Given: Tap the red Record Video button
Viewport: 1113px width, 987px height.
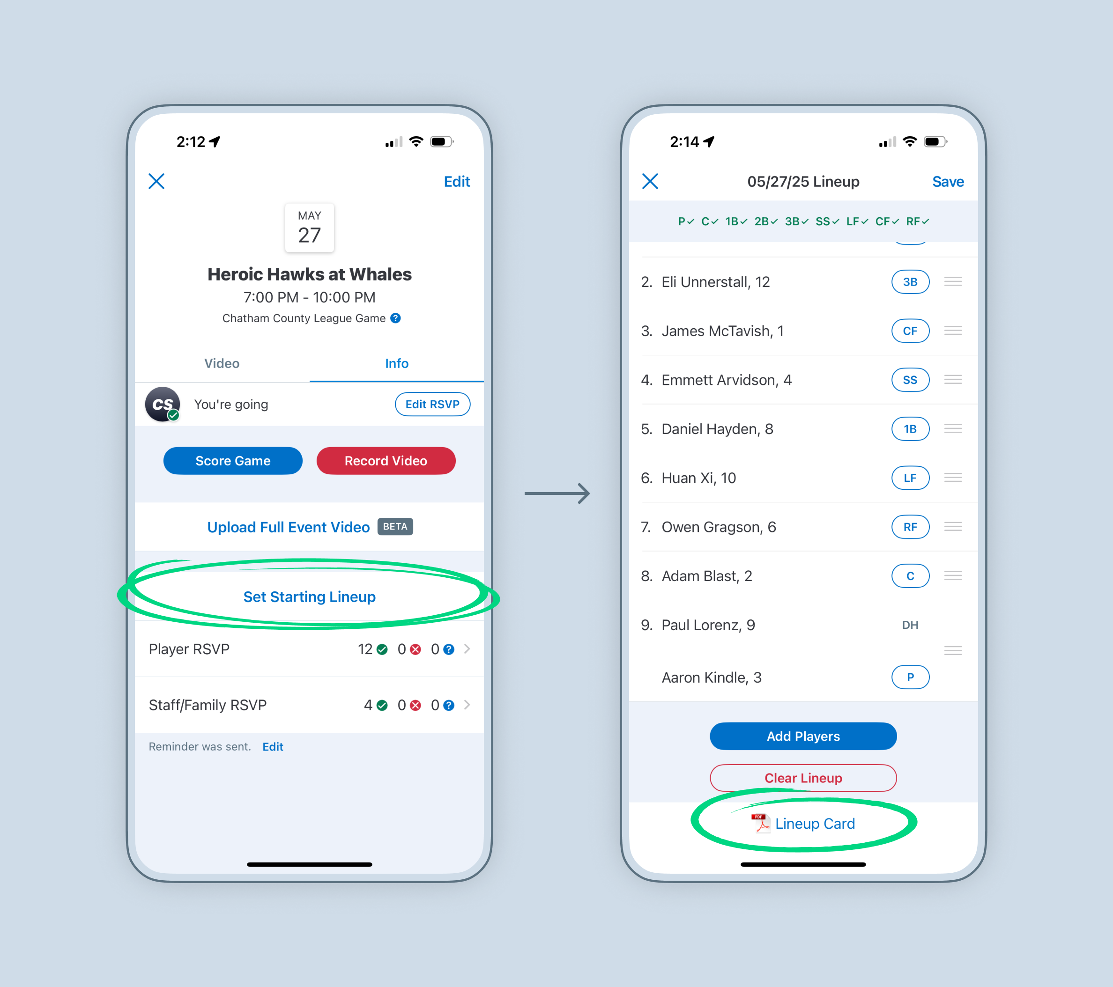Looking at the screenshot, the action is [x=386, y=461].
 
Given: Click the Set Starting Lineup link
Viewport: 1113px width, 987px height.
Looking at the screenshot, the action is [x=309, y=597].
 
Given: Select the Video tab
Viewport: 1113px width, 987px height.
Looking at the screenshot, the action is [x=222, y=363].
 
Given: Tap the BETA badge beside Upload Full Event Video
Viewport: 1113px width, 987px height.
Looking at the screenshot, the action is [x=395, y=526].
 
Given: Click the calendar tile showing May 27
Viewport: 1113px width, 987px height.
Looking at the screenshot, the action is [x=309, y=228].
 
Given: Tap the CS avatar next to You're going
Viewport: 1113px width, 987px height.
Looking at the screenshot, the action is [x=162, y=404].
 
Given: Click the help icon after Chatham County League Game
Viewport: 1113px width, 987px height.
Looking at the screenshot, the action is [x=396, y=318].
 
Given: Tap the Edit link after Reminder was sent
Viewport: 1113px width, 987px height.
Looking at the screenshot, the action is [x=273, y=746].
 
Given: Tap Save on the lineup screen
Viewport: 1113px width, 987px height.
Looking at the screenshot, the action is [x=948, y=181].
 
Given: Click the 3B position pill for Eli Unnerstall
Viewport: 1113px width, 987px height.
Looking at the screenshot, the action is [x=910, y=281].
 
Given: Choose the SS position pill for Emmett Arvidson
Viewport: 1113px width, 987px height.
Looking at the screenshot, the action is [x=910, y=379].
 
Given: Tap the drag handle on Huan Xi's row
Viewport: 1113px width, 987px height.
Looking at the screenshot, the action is [x=953, y=478].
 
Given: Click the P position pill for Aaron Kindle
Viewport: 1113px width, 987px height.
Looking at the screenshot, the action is [x=910, y=677].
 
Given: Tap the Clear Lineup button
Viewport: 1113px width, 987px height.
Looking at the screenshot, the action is [x=803, y=778].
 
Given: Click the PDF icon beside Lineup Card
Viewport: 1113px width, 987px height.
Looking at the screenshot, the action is [x=761, y=823].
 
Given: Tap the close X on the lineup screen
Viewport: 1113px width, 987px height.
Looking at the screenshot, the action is [x=650, y=181].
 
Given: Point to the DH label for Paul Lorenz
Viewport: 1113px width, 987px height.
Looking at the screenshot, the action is [x=910, y=625].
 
